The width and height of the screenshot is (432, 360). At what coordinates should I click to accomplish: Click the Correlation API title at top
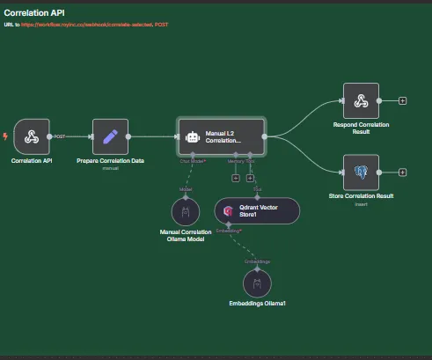33,12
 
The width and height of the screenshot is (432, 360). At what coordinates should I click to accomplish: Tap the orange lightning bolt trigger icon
6,136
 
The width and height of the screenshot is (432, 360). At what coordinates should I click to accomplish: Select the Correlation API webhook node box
32,136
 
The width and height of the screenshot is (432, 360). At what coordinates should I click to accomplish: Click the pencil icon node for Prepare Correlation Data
110,136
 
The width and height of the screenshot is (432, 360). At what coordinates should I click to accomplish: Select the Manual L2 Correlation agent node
221,137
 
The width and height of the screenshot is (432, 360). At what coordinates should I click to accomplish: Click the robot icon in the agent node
193,137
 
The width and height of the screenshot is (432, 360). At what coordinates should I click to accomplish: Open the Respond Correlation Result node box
361,100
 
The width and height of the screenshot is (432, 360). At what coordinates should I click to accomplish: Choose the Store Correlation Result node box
361,172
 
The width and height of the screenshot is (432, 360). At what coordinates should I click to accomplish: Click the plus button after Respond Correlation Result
403,100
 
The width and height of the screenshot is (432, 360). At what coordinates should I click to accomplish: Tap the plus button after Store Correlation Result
403,172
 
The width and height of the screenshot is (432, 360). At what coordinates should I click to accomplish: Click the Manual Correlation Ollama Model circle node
186,212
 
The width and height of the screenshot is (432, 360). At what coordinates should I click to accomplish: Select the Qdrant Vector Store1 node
257,211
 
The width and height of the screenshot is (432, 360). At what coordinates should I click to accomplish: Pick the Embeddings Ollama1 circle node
257,283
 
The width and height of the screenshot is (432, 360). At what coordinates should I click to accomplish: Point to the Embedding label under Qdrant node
226,231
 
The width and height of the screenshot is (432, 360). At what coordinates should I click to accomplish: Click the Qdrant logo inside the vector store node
229,211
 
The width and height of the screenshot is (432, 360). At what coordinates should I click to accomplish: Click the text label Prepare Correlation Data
110,162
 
